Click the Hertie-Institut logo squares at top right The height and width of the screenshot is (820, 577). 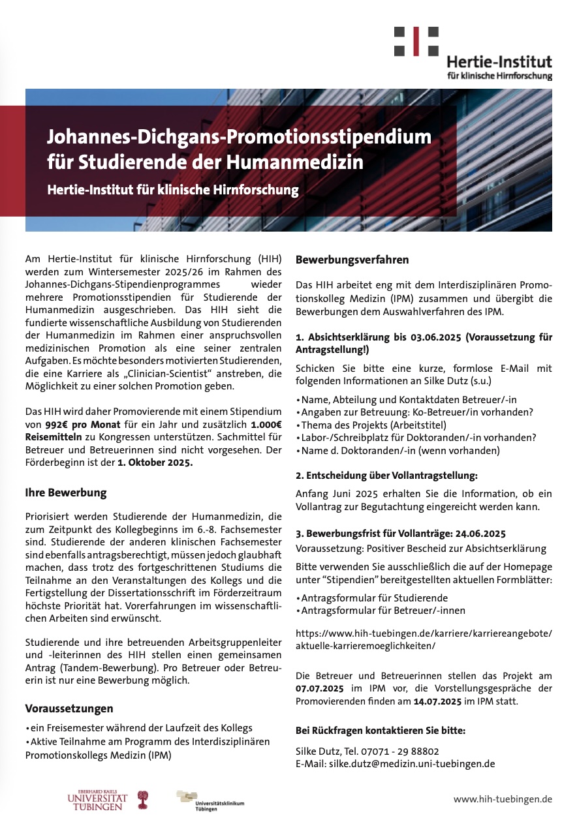pos(416,40)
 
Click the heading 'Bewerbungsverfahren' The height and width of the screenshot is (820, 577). pos(352,260)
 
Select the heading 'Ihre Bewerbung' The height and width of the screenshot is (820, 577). pos(65,492)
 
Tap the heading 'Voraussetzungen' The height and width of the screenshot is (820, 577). pos(69,708)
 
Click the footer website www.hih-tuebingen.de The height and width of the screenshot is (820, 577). pos(503,798)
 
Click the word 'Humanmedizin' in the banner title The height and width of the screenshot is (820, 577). pos(298,161)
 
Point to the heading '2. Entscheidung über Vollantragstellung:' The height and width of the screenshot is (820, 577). pos(386,475)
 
